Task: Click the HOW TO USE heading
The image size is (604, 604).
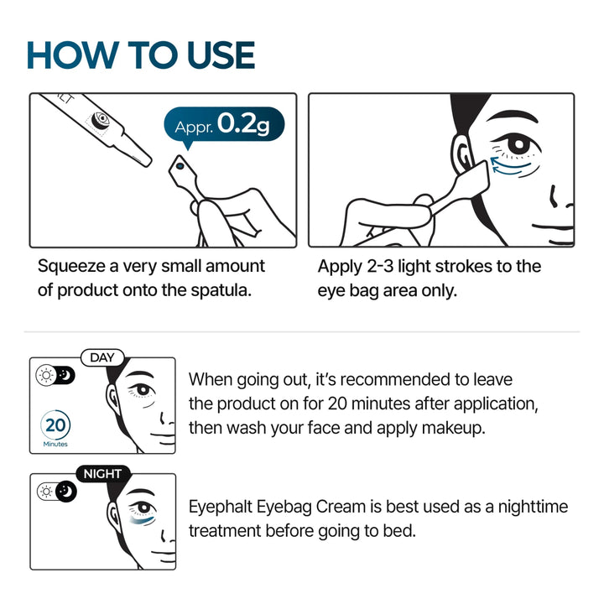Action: (140, 55)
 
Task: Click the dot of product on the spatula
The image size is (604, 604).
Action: (177, 166)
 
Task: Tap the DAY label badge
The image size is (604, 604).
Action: (102, 358)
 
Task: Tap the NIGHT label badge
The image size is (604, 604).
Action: (102, 474)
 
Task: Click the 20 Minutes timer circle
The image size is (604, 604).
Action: (56, 425)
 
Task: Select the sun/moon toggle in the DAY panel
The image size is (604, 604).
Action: (55, 375)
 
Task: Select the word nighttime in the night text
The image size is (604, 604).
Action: (530, 507)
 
